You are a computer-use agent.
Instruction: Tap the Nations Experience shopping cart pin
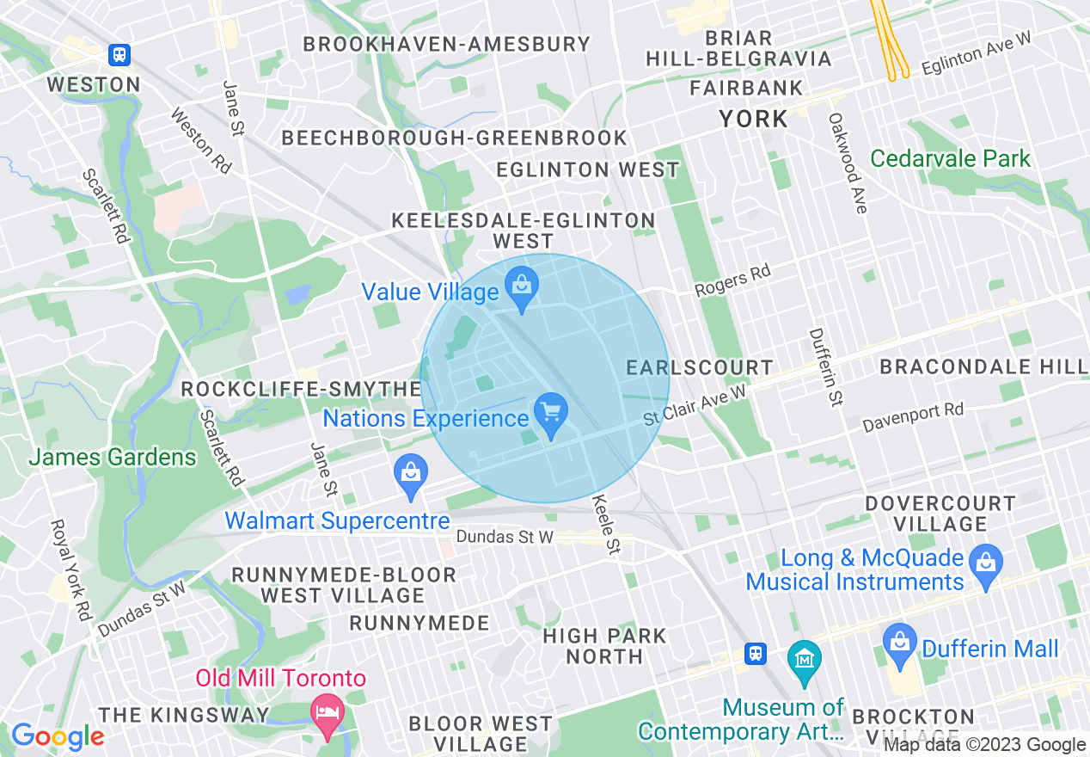tap(551, 412)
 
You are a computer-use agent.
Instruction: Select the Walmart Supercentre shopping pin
tap(411, 472)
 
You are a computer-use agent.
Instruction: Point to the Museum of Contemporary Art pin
tap(804, 661)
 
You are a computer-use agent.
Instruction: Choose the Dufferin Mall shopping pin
tap(900, 644)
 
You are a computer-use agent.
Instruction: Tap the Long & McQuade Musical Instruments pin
tap(985, 563)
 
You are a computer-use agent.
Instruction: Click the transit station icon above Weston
tap(119, 55)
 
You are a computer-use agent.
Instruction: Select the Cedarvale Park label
tap(950, 158)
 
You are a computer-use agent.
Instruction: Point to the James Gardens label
tap(113, 457)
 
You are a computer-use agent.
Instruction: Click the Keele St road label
tap(606, 524)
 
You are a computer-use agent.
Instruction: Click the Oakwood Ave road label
tap(848, 163)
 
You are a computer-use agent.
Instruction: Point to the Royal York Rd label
tap(70, 569)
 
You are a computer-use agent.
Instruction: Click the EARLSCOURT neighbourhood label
tap(700, 368)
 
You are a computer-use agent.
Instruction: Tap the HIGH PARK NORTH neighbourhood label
tap(605, 646)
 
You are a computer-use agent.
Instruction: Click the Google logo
tap(57, 737)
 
